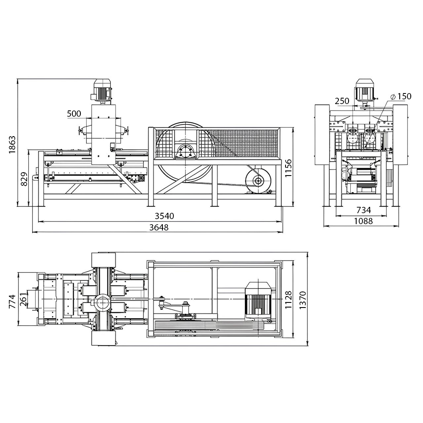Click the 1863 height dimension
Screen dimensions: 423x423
pyautogui.click(x=12, y=145)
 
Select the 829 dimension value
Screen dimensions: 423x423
pyautogui.click(x=24, y=179)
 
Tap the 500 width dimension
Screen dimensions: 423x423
pyautogui.click(x=74, y=113)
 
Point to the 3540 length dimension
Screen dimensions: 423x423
pyautogui.click(x=164, y=216)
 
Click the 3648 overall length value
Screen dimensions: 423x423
pyautogui.click(x=159, y=228)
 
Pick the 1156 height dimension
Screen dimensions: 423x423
pyautogui.click(x=288, y=168)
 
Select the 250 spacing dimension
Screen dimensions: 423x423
pyautogui.click(x=342, y=101)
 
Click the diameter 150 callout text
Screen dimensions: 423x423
pyautogui.click(x=401, y=96)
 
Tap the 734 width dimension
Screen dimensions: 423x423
pyautogui.click(x=364, y=210)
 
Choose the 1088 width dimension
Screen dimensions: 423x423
pyautogui.click(x=363, y=221)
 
